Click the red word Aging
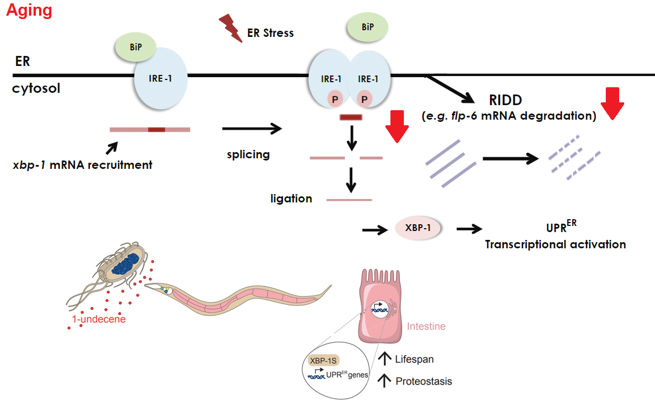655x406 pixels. point(29,11)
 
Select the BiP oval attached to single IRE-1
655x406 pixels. point(135,48)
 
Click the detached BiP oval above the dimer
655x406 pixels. point(367,27)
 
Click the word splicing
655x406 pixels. point(248,154)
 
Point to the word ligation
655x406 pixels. point(291,199)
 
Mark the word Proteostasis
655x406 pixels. point(423,381)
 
